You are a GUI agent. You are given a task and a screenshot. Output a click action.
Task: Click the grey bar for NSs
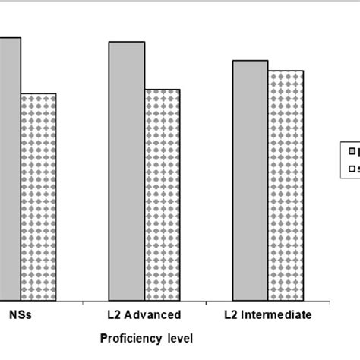(10, 167)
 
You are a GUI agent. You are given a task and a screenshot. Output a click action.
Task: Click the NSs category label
(20, 314)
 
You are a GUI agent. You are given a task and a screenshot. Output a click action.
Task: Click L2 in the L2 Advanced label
(115, 314)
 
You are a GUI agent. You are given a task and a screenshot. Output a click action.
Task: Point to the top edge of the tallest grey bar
(10, 37)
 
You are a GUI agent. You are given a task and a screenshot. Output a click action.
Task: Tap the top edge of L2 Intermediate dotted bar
(286, 71)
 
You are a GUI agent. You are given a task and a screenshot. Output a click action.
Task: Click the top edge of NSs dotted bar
(39, 93)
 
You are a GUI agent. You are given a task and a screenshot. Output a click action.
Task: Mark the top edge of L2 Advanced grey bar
(126, 42)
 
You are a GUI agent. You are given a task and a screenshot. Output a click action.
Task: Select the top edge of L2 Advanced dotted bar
(162, 90)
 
